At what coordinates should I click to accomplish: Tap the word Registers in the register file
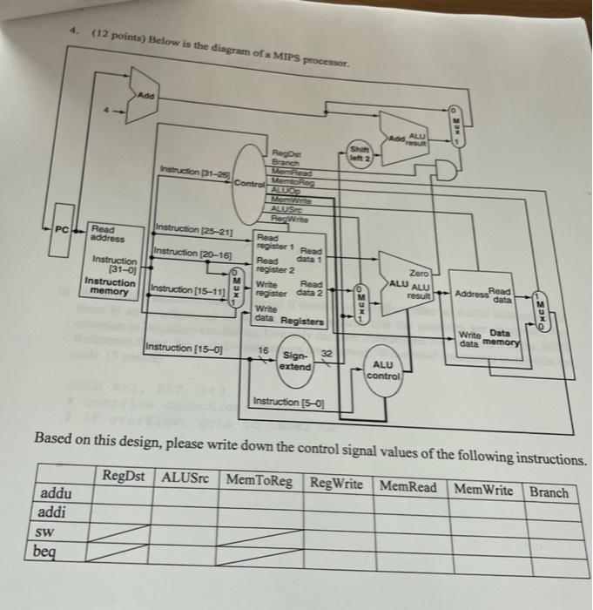pyautogui.click(x=303, y=322)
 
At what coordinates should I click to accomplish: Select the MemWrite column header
pyautogui.click(x=483, y=489)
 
